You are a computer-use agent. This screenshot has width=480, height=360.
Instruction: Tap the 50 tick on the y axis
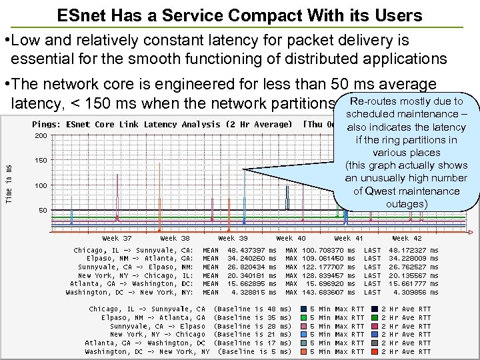tap(41, 210)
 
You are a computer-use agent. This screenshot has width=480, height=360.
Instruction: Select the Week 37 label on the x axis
tap(117, 238)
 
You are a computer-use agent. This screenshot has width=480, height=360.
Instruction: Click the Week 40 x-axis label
tap(291, 238)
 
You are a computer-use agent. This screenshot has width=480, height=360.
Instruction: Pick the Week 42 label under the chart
tap(407, 238)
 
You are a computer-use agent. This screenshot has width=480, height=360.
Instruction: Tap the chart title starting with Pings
tap(162, 125)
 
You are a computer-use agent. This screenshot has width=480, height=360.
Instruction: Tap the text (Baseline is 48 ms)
tap(251, 309)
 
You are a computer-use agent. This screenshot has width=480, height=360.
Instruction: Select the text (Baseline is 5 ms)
tap(254, 351)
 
